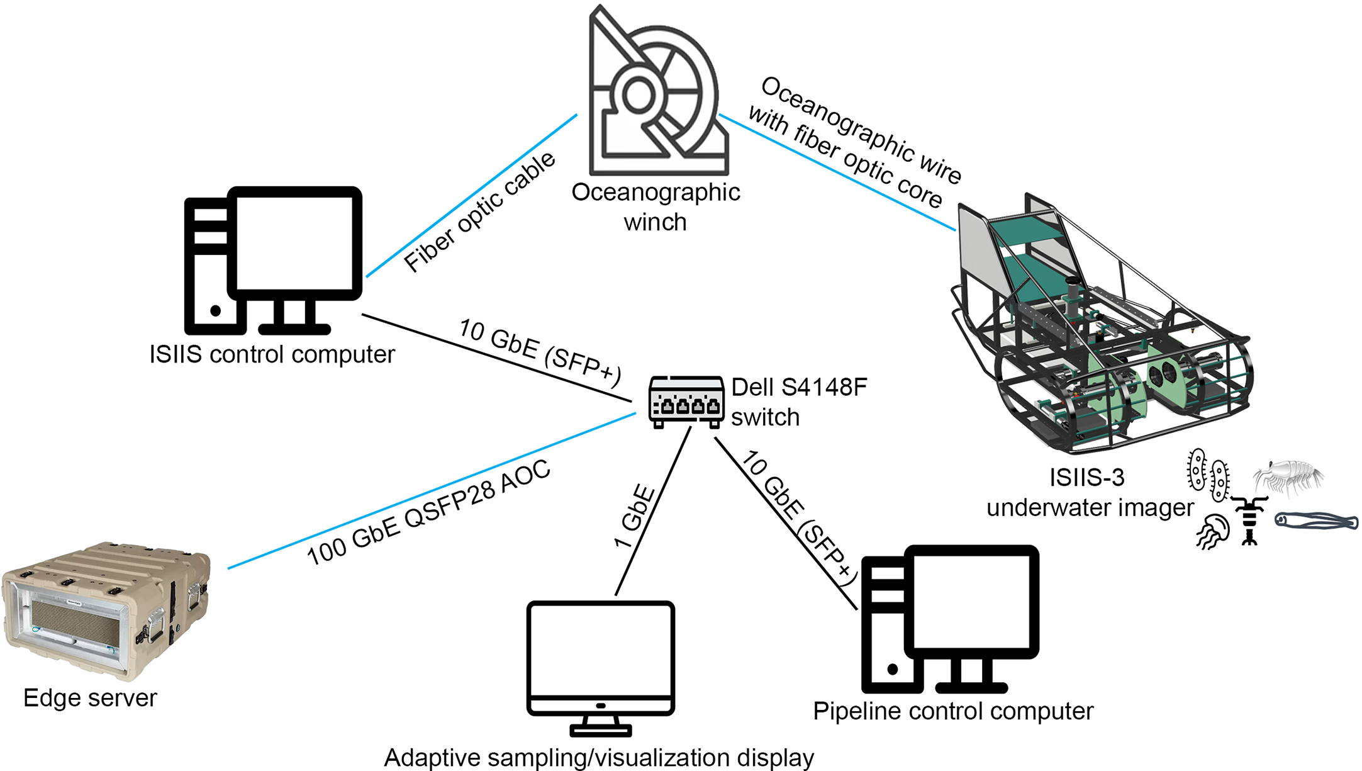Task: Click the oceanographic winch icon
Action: (657, 94)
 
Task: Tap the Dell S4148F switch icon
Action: (686, 402)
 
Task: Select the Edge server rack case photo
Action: (105, 611)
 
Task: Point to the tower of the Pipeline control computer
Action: (884, 629)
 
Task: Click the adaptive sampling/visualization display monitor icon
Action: (601, 661)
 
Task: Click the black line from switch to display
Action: (654, 510)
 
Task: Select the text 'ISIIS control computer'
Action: (272, 354)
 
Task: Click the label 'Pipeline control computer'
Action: (952, 711)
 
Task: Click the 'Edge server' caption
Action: (90, 698)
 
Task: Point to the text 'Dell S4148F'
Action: (799, 388)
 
